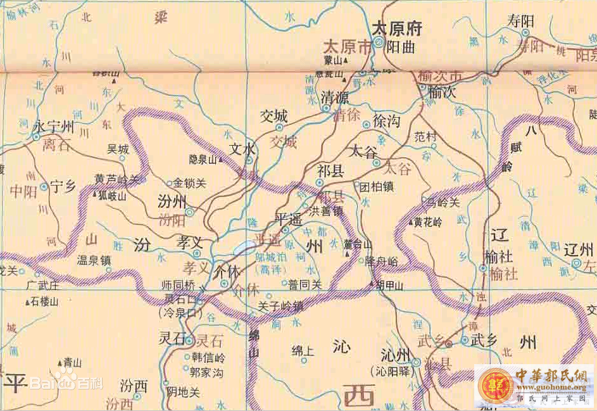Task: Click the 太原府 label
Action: click(396, 28)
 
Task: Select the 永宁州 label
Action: click(54, 127)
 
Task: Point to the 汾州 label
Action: click(171, 202)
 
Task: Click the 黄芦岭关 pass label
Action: click(116, 180)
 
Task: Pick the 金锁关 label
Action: click(190, 184)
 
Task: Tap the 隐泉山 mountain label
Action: click(203, 160)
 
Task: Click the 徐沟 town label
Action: click(387, 120)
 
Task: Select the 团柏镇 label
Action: click(377, 187)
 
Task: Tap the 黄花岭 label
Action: click(428, 222)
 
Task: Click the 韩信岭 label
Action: click(208, 358)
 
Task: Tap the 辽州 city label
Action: click(580, 248)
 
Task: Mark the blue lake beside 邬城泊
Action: click(244, 248)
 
